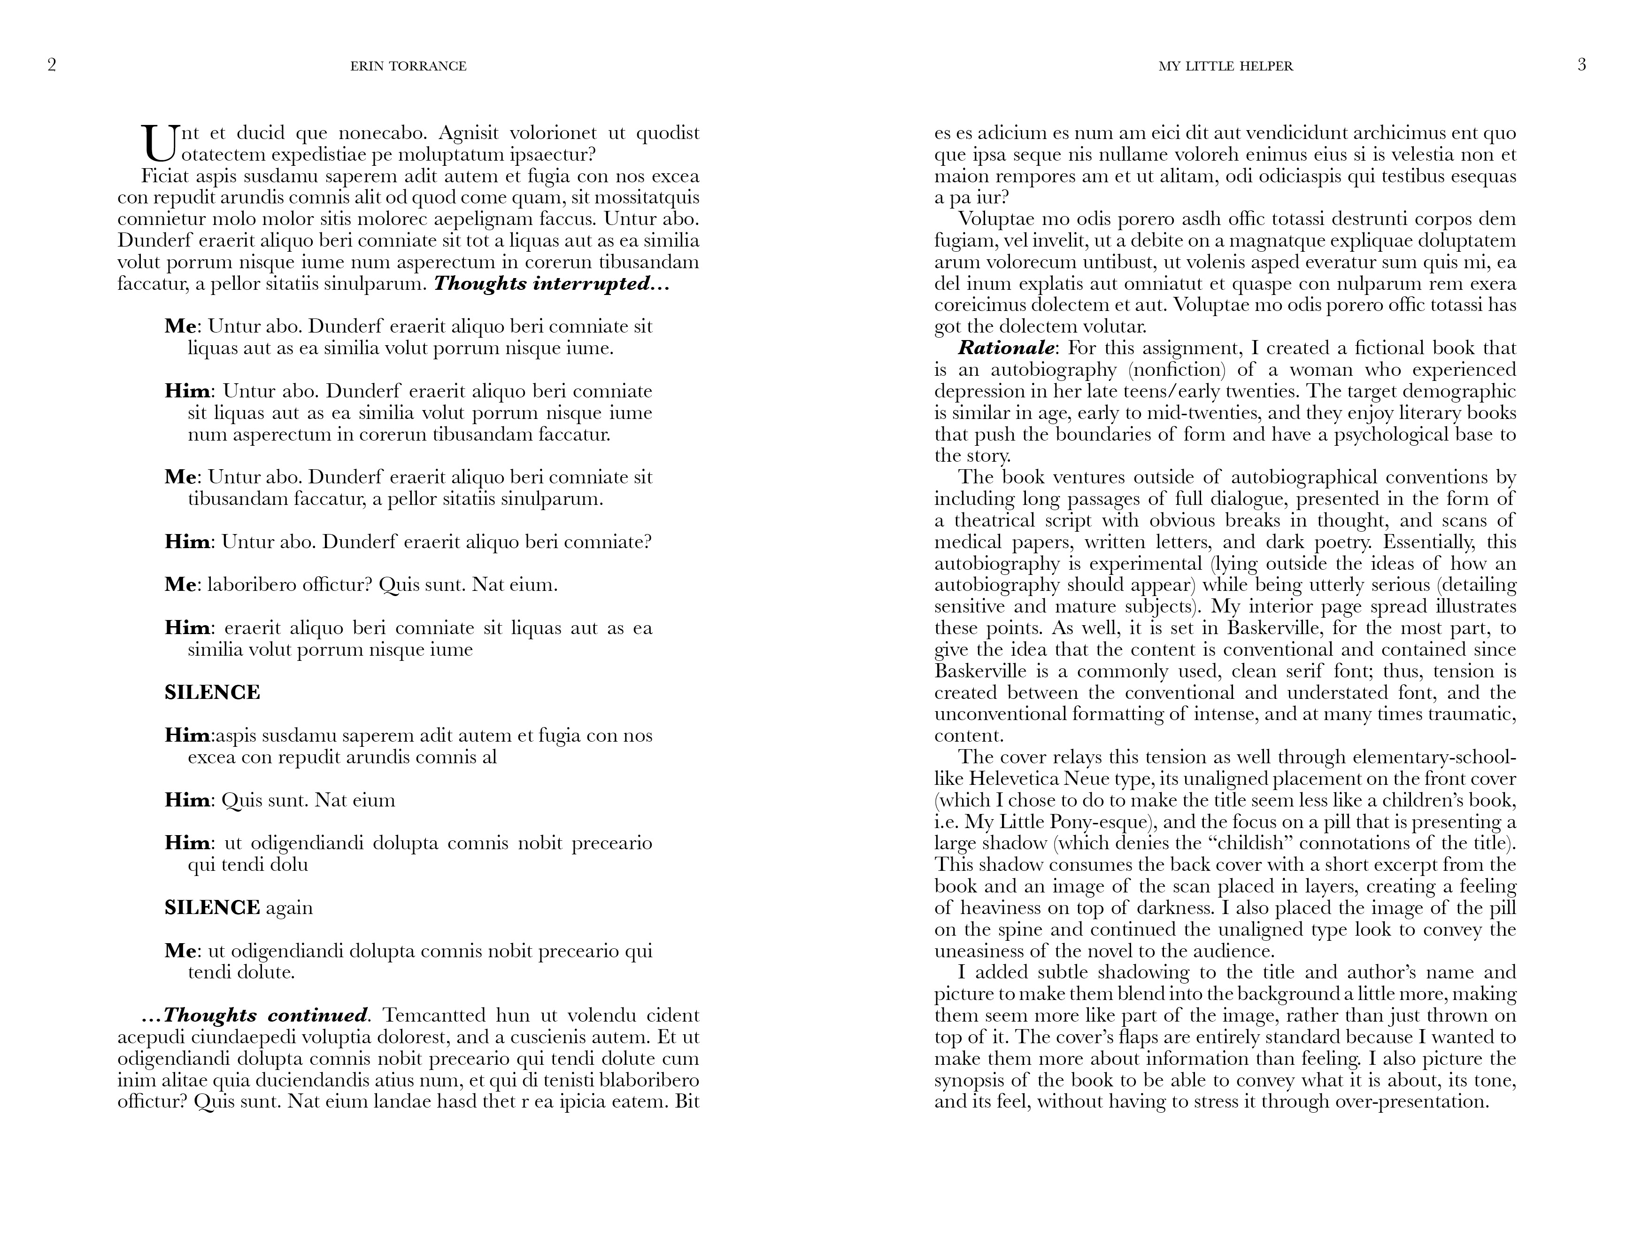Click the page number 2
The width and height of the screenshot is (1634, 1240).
52,65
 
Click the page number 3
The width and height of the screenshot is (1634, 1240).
1581,65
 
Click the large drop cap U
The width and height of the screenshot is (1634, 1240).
159,143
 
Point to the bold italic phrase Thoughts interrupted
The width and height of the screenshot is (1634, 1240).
551,284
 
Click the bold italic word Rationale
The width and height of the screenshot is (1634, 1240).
1008,348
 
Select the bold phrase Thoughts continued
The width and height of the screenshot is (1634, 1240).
264,1015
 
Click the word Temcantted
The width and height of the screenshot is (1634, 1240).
433,1015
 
